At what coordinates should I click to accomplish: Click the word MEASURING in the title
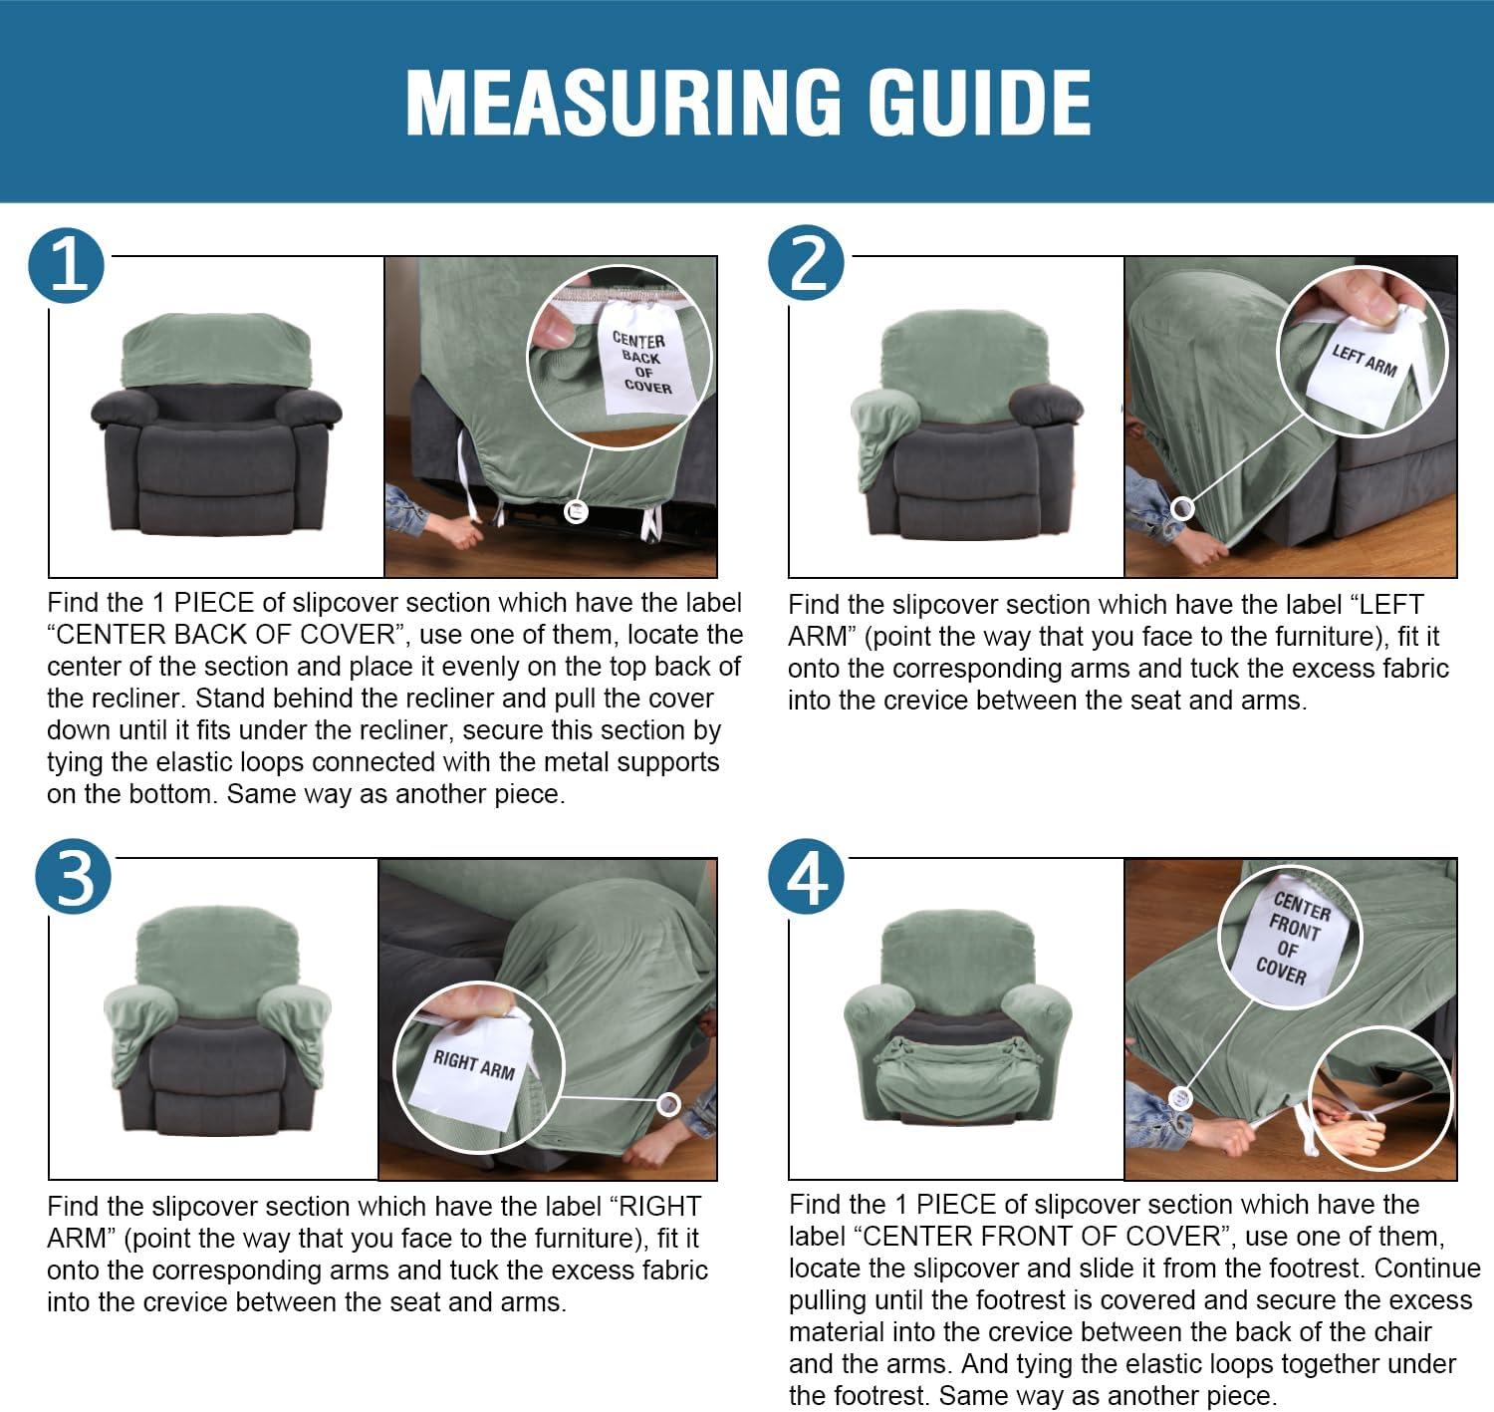(x=622, y=103)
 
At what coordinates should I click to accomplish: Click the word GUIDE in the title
(x=979, y=103)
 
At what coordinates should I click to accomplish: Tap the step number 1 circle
(x=66, y=265)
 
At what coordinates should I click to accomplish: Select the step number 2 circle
(x=807, y=263)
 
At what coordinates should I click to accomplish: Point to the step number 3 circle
(x=73, y=877)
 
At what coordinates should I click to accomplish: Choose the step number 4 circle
(x=807, y=877)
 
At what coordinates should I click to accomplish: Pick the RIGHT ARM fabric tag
(x=473, y=1067)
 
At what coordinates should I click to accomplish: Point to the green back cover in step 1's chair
(x=217, y=350)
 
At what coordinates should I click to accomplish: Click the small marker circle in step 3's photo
(x=668, y=1104)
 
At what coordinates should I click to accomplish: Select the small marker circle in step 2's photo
(x=1182, y=509)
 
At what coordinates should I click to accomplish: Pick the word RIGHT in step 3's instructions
(x=659, y=1207)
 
